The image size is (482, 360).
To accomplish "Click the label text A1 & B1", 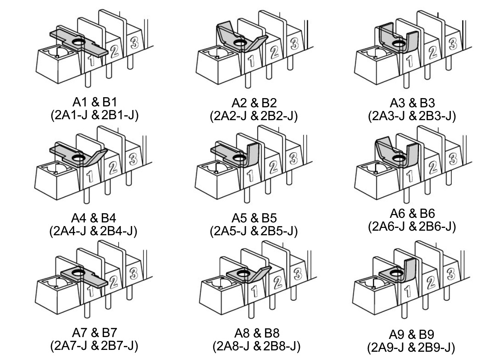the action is point(94,102).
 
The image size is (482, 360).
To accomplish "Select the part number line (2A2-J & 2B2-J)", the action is point(254,116).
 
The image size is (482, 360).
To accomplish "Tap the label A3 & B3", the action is point(412,103).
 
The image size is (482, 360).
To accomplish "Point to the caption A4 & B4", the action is point(94,218).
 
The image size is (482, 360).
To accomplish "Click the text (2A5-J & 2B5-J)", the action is point(254,231).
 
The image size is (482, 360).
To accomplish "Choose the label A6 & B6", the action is point(412,213).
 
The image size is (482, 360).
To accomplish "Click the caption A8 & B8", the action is point(257,333).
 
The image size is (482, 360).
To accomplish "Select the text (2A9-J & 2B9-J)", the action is point(411,348).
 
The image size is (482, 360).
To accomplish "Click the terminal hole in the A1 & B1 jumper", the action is point(78,42).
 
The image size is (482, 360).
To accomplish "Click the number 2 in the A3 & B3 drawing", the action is point(432,53).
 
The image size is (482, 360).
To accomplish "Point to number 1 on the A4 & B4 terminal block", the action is point(89,177).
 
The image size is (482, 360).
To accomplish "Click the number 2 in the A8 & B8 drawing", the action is point(277,282).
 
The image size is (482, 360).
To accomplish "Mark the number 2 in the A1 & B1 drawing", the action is point(114,52).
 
